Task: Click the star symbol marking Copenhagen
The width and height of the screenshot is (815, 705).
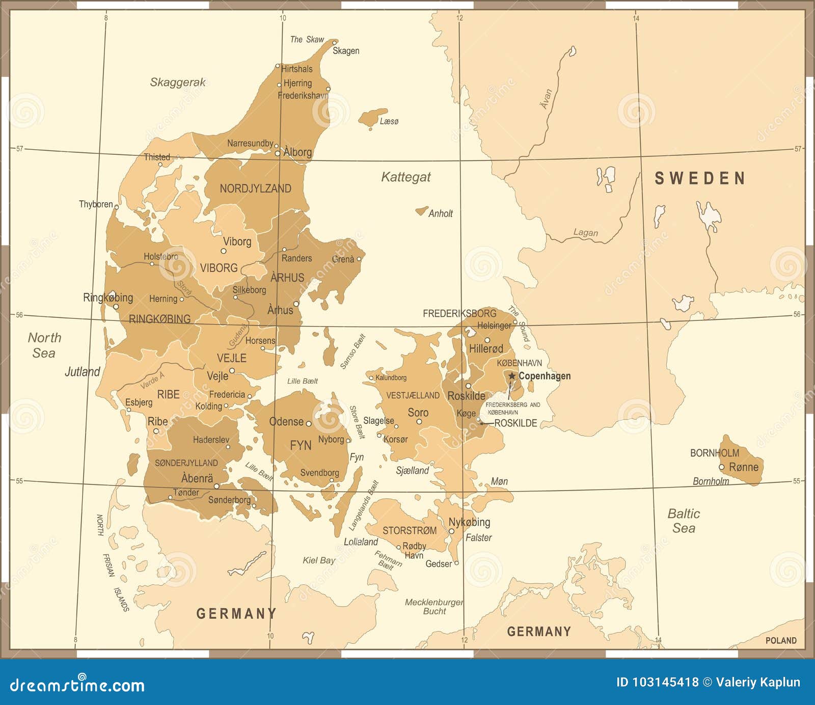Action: click(x=512, y=376)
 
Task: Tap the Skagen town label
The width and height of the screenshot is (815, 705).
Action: click(x=346, y=51)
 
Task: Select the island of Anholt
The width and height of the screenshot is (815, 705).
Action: click(x=421, y=210)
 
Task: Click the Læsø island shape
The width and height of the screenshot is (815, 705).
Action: click(x=372, y=118)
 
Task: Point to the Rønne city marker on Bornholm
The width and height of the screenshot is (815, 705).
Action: click(x=721, y=467)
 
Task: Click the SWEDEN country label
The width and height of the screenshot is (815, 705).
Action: click(x=700, y=178)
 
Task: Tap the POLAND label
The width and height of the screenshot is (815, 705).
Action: click(x=781, y=640)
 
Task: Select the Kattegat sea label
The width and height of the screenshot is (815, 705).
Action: click(x=406, y=177)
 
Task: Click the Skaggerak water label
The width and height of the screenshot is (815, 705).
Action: click(x=178, y=83)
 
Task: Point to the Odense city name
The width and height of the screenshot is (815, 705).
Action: click(x=286, y=422)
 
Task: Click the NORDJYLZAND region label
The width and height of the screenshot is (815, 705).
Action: click(x=255, y=189)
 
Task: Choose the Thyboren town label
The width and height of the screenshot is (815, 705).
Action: click(x=96, y=204)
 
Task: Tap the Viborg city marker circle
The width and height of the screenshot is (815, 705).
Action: click(x=223, y=251)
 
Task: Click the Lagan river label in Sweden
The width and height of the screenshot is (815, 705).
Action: click(x=585, y=233)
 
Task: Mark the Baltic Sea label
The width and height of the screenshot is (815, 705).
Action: click(x=684, y=521)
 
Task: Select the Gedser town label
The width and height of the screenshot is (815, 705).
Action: click(x=439, y=564)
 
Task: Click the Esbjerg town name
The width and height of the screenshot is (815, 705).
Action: click(x=139, y=402)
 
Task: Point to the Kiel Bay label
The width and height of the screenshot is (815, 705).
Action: click(x=319, y=560)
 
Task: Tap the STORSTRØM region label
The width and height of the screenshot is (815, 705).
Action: click(x=410, y=531)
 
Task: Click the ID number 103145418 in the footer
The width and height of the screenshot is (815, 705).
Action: click(x=657, y=683)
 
